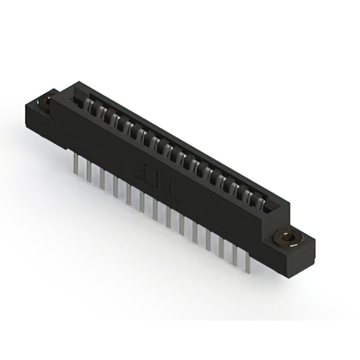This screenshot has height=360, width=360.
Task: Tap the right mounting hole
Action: pyautogui.click(x=289, y=238)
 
